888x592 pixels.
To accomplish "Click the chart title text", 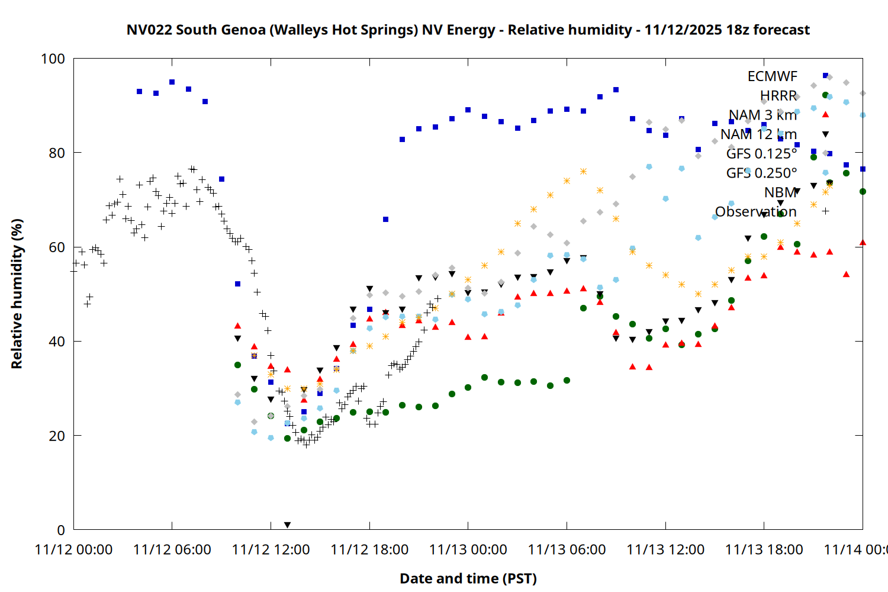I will coord(468,30).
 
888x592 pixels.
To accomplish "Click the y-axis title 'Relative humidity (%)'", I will coord(17,294).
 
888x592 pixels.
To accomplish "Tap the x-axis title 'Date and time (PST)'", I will coord(468,578).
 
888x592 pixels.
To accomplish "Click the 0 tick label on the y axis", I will coord(60,530).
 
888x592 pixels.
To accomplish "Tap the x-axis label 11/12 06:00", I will coord(172,550).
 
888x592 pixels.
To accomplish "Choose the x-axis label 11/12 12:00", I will coord(271,550).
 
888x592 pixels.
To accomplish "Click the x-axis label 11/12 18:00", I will coord(369,550).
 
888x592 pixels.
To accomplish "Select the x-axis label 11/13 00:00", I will coord(468,550).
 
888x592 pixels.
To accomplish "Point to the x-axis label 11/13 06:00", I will coord(567,550).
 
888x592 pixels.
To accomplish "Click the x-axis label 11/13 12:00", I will coord(665,550).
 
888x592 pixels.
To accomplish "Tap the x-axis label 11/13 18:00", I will coord(764,550).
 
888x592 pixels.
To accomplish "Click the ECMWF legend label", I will coord(772,76).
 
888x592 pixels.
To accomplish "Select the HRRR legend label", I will coord(778,96).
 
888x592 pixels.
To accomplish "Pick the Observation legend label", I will coord(755,212).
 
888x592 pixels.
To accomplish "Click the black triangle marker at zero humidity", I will coord(287,525).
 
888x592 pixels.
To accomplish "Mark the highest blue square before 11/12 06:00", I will coord(172,82).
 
